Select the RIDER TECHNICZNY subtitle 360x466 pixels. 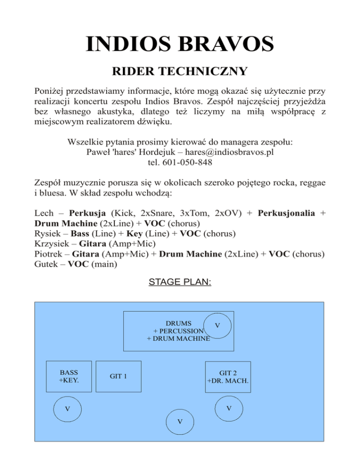[180, 72]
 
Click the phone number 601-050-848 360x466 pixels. [190, 162]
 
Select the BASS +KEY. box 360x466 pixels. [69, 376]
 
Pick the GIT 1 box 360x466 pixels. [119, 376]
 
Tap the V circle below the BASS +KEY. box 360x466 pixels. [67, 409]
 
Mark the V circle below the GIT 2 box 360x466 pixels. [228, 408]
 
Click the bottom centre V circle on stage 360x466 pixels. [180, 421]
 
